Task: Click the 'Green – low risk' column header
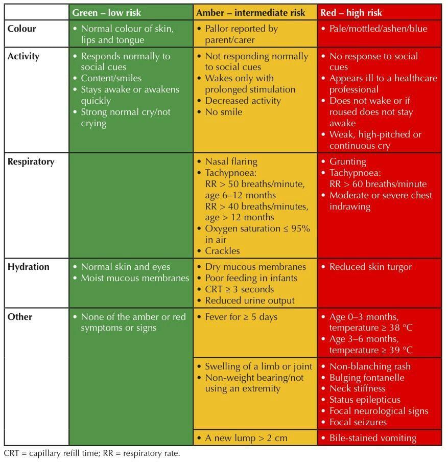[x=107, y=12]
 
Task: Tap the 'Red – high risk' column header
[x=351, y=12]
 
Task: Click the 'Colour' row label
[x=21, y=29]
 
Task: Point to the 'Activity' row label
[x=23, y=56]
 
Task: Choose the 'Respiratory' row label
[x=31, y=161]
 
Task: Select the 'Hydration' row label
[x=29, y=267]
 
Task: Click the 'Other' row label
[x=20, y=317]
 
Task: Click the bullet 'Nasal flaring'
[x=231, y=161]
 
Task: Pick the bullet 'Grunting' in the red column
[x=348, y=161]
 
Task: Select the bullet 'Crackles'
[x=222, y=251]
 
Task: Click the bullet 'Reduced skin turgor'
[x=370, y=267]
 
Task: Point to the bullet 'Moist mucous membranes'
[x=135, y=278]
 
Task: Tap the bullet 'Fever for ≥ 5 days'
[x=241, y=317]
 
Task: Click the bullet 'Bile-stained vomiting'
[x=372, y=438]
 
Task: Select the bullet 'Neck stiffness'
[x=357, y=388]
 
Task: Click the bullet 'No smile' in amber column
[x=224, y=112]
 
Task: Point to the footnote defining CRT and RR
[x=92, y=453]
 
